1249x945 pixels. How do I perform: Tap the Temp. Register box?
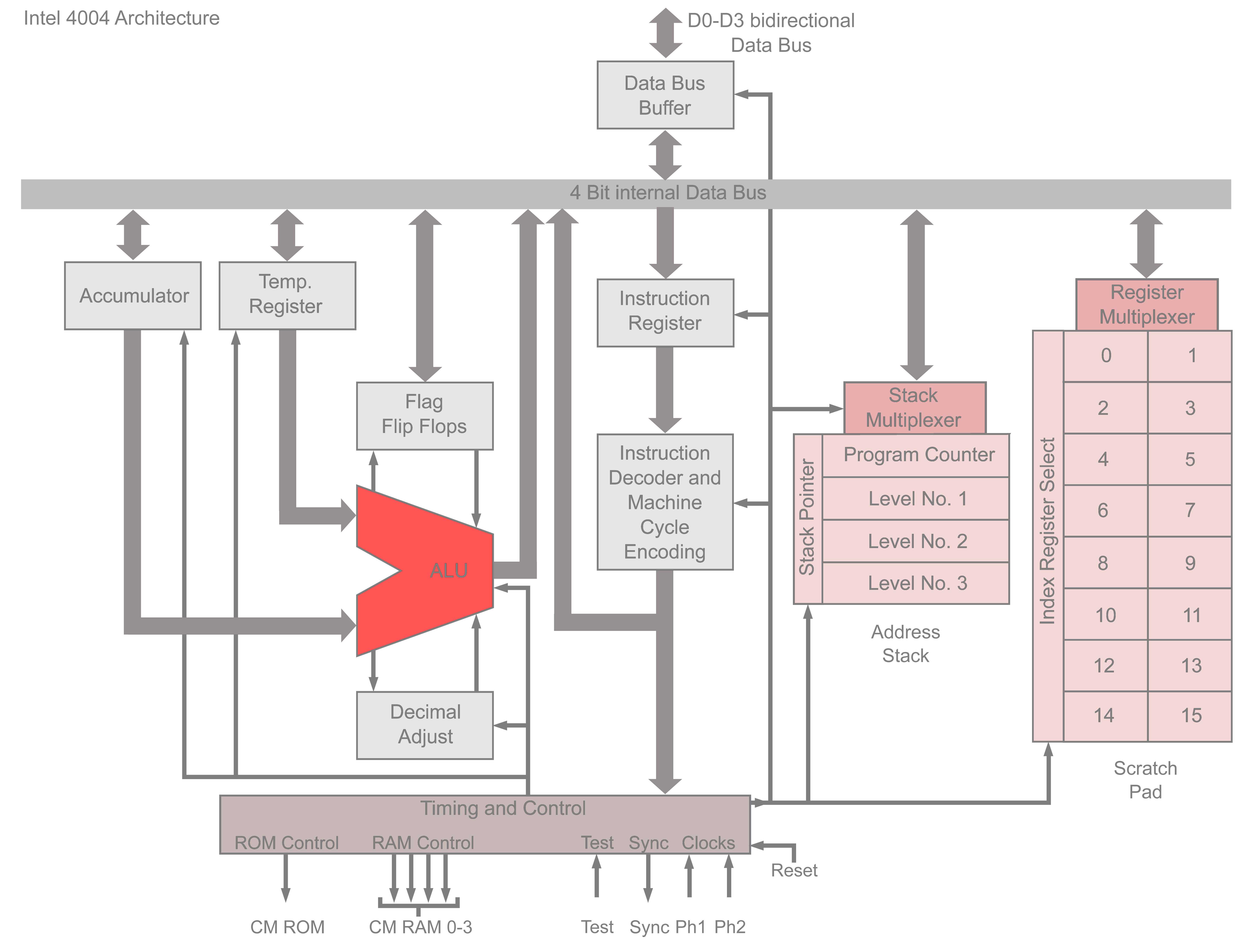287,295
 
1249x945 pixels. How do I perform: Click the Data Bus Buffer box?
665,95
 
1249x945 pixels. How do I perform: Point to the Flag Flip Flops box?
425,416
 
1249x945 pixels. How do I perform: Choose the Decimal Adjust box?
425,725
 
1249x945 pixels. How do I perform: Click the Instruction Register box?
665,312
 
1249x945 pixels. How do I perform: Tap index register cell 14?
1104,716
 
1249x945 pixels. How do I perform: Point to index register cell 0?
1106,356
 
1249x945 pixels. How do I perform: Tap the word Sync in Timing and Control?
648,843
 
